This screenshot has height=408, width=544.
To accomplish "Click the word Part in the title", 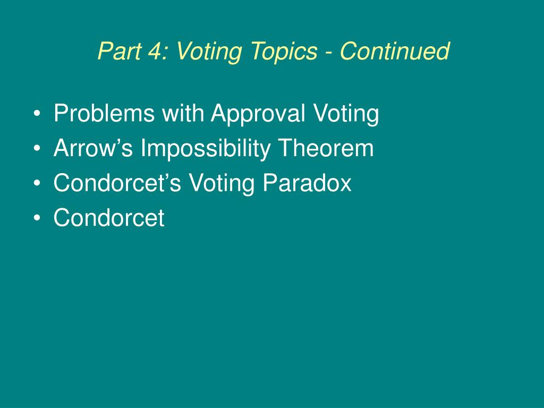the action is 119,51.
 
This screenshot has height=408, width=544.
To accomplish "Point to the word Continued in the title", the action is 395,51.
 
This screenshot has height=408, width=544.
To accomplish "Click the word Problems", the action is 104,113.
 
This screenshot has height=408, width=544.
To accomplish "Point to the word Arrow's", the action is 93,148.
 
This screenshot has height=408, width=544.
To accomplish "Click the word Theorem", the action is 326,148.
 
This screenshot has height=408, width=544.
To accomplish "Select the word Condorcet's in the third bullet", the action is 117,183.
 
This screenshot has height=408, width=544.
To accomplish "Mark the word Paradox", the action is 307,183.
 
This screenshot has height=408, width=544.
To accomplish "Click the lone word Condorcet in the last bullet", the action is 109,218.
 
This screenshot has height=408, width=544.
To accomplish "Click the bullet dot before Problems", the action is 37,114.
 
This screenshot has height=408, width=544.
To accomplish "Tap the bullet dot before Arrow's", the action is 37,149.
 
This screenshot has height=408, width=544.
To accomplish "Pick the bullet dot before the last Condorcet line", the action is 37,218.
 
